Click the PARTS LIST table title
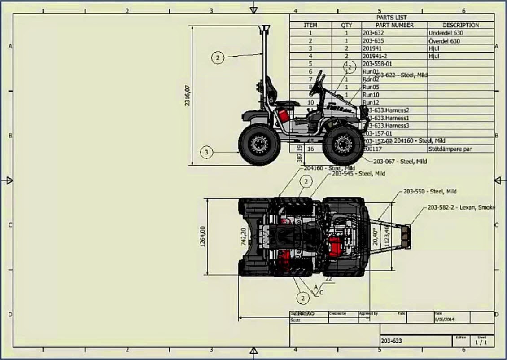pos(392,18)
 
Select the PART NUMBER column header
pos(394,25)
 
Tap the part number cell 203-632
pos(373,33)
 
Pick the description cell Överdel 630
pos(444,41)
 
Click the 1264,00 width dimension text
pos(203,236)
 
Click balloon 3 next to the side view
pos(206,153)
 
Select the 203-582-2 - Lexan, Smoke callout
pos(460,207)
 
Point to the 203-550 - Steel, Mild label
pos(429,191)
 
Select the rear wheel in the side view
pos(259,145)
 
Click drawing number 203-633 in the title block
pos(391,341)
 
